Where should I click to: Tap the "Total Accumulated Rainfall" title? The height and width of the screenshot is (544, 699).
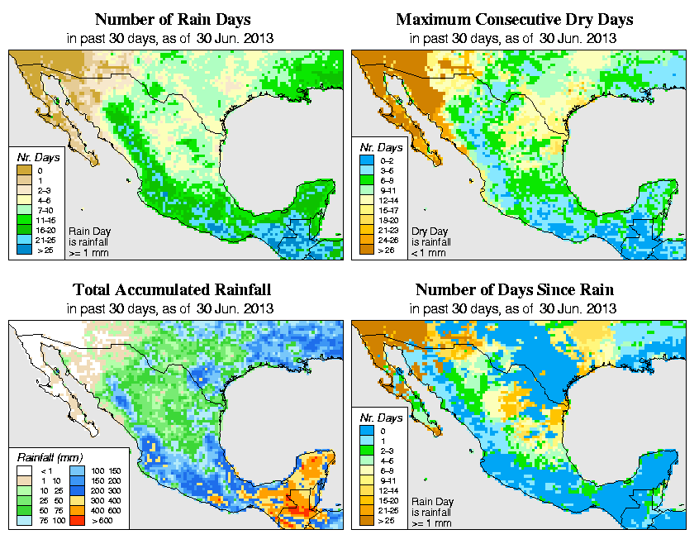[171, 290]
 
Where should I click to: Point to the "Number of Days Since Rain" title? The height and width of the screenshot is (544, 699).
[514, 290]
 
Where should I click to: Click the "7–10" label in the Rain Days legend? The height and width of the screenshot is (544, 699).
[43, 211]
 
